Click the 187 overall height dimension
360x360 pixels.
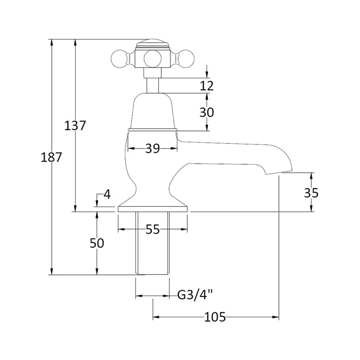(x=51, y=157)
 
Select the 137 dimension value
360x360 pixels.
(x=75, y=126)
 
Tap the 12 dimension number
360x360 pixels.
(x=207, y=85)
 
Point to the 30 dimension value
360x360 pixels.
(x=207, y=112)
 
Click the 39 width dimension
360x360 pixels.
(x=153, y=148)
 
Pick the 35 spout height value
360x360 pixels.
(x=311, y=193)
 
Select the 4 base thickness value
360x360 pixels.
(x=107, y=194)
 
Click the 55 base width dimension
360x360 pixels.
(x=153, y=229)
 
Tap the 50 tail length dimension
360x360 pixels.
(x=97, y=243)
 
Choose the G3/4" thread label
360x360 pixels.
(x=195, y=295)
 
